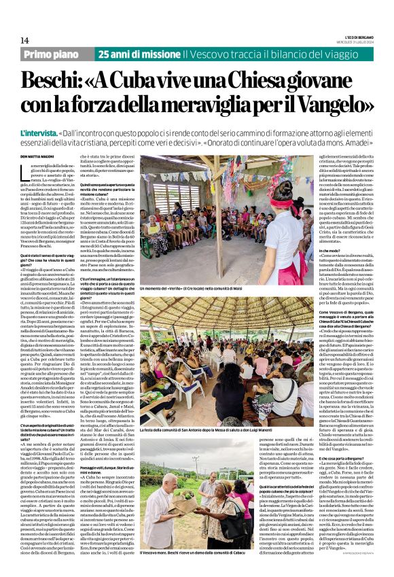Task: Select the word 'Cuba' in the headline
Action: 154,83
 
